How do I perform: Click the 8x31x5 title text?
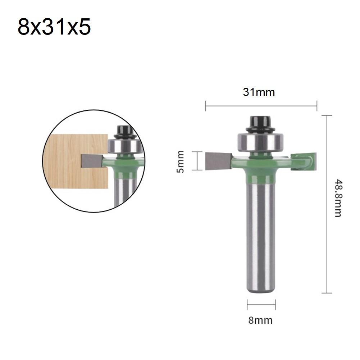tap(54, 28)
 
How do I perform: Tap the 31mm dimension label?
tap(259, 92)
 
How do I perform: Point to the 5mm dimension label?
tap(181, 161)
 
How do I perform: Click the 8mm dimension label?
tap(260, 320)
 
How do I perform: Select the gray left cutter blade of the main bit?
tap(218, 161)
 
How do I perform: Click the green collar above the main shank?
tap(261, 176)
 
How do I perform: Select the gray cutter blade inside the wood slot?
tap(90, 160)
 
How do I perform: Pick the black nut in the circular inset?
tap(124, 131)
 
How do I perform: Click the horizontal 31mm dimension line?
tap(261, 106)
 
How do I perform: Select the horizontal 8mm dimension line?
tap(261, 305)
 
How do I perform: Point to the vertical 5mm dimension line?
tap(197, 161)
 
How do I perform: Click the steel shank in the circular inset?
tap(124, 192)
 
